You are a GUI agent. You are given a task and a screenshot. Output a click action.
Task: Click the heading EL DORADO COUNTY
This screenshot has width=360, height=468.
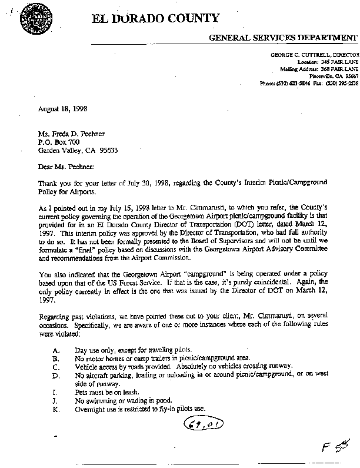click(x=155, y=19)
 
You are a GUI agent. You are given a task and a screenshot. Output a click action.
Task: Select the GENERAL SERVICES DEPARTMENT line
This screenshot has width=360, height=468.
click(x=284, y=38)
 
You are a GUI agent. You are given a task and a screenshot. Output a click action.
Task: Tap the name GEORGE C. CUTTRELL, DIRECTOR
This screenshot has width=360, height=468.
click(x=314, y=54)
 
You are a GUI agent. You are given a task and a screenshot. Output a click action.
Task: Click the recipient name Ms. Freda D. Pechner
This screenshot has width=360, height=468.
click(x=73, y=135)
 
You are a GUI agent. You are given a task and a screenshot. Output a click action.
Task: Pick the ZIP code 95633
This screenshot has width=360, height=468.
click(x=107, y=150)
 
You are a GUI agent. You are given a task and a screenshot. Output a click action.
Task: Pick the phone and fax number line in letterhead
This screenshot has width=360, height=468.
click(x=309, y=84)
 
